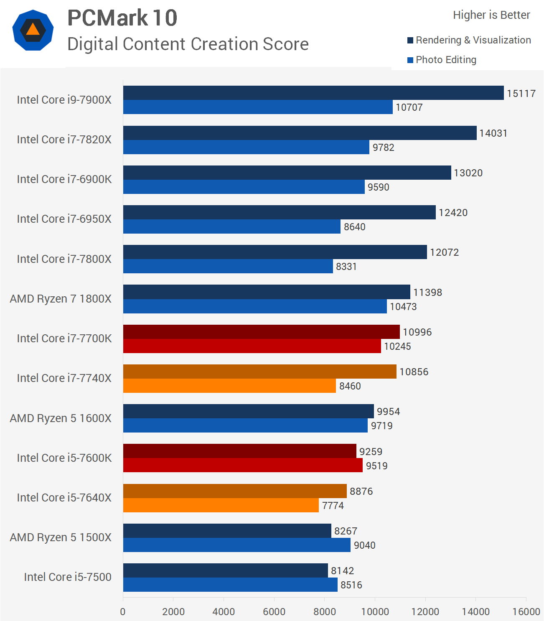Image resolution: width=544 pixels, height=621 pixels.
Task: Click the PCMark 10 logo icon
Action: point(33,30)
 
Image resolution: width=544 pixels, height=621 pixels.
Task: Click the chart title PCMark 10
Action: point(122,18)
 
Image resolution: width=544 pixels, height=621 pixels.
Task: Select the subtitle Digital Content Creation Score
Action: point(188,44)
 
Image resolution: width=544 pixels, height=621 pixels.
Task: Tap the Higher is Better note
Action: point(491,15)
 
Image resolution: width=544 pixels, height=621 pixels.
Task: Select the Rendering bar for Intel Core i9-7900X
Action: point(313,93)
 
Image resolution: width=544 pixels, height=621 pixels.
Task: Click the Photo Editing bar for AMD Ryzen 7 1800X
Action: point(255,306)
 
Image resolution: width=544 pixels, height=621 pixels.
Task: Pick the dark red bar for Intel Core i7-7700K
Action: point(261,332)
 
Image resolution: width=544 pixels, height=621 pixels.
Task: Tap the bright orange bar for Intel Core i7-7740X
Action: point(229,386)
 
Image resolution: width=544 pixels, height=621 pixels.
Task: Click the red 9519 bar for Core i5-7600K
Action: point(243,466)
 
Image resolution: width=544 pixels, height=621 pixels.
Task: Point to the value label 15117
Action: point(521,94)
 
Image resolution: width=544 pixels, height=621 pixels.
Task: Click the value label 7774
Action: point(333,506)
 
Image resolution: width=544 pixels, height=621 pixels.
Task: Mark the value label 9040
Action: point(364,545)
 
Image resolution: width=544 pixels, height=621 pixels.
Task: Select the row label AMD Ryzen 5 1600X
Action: point(61,418)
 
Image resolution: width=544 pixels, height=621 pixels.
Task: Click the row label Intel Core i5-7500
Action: point(68,577)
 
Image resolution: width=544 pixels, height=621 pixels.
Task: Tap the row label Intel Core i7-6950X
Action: point(64,219)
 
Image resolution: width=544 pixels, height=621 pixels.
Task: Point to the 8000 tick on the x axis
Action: point(325,612)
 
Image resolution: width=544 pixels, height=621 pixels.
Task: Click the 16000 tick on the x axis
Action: point(526,612)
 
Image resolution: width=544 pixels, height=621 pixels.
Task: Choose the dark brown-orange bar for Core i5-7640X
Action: point(235,491)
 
